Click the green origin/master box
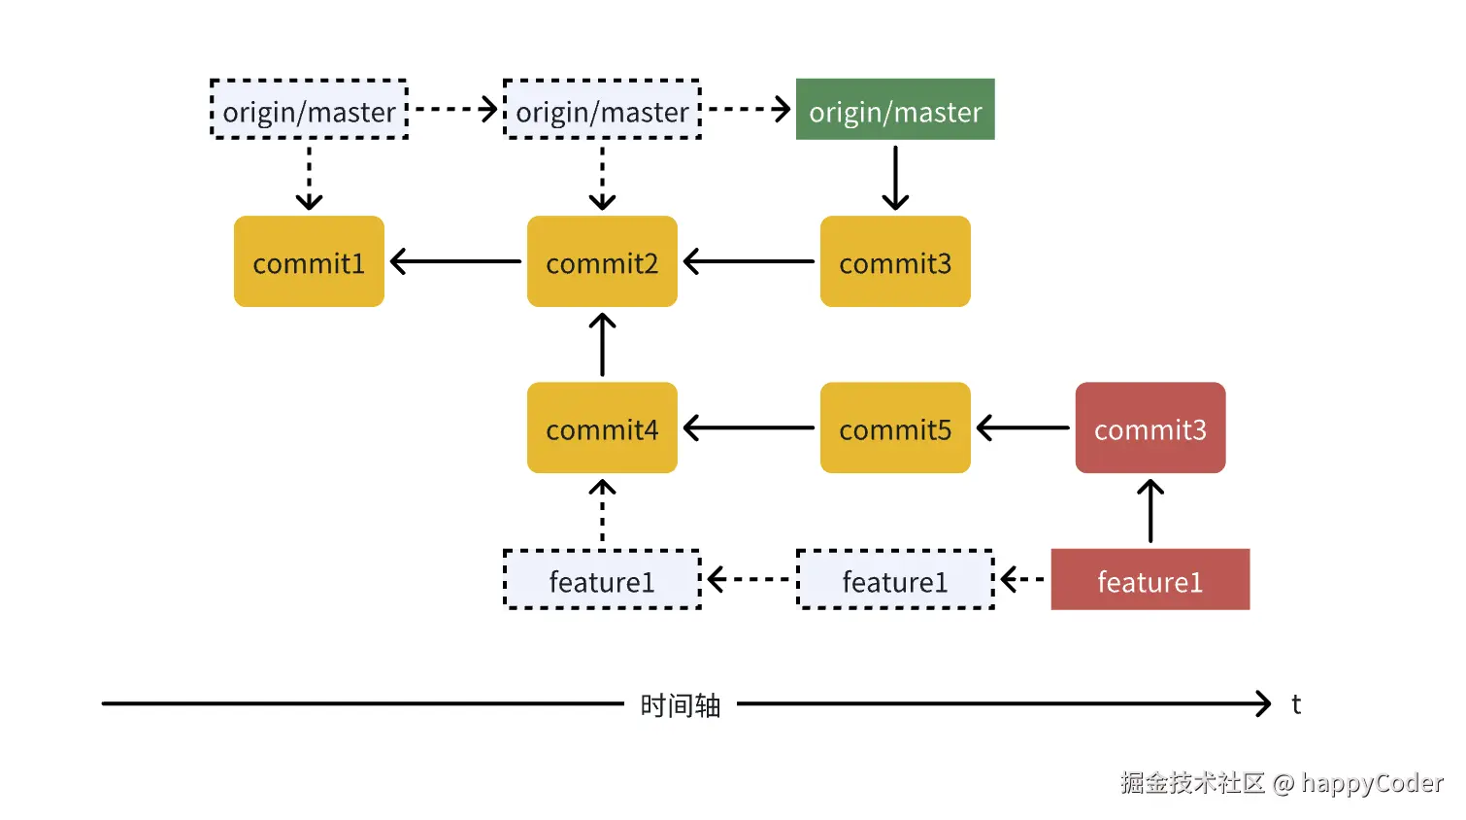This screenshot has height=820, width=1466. (x=895, y=110)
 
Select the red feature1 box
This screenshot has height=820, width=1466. (x=1149, y=580)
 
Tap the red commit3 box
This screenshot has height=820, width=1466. (x=1149, y=427)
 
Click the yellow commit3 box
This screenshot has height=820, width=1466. (x=895, y=261)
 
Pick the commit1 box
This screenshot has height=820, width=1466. (x=309, y=261)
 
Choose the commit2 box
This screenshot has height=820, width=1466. (x=602, y=261)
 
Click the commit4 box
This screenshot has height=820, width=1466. (x=602, y=427)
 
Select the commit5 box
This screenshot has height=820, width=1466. (x=895, y=427)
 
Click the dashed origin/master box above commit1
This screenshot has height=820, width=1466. (x=309, y=110)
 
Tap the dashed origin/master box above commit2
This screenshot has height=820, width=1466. (x=602, y=110)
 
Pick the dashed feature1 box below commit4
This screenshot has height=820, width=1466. (x=602, y=580)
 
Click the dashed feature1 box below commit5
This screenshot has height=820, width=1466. (x=895, y=580)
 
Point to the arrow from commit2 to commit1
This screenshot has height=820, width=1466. (x=455, y=261)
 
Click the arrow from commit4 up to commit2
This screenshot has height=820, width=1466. (x=602, y=345)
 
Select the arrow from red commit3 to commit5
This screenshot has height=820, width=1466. (x=1023, y=427)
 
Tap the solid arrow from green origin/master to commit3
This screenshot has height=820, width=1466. (x=895, y=178)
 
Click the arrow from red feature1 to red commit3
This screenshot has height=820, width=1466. (x=1149, y=511)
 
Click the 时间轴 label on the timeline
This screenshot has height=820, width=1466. (x=680, y=705)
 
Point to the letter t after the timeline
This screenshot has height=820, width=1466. (x=1296, y=704)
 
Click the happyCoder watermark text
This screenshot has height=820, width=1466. (x=1372, y=783)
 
